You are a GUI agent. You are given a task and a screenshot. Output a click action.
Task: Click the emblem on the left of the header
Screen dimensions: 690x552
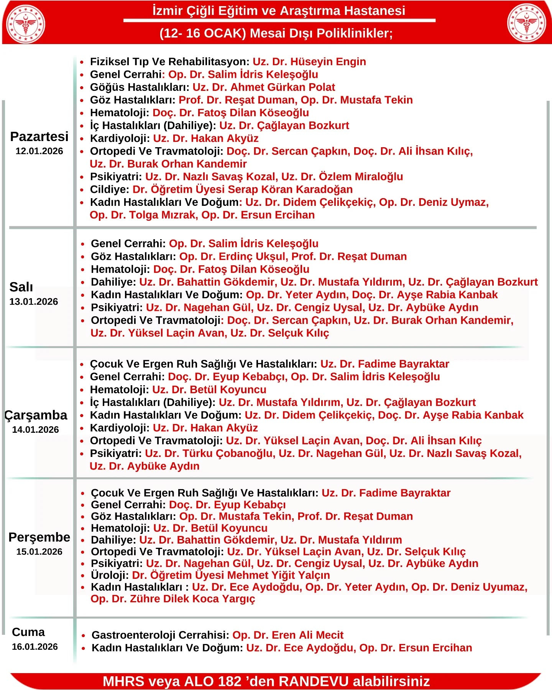tap(26, 24)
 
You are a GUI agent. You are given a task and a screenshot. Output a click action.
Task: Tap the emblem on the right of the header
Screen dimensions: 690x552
tap(526, 23)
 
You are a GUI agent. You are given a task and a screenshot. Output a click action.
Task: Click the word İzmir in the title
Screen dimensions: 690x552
tap(167, 11)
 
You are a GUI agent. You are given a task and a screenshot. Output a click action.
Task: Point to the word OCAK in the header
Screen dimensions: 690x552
tap(225, 33)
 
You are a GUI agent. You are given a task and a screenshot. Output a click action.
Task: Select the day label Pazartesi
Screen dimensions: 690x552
tap(39, 136)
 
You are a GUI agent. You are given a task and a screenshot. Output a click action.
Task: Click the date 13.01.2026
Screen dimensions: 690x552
tap(34, 302)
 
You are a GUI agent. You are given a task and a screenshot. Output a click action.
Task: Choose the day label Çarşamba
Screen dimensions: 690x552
tap(36, 415)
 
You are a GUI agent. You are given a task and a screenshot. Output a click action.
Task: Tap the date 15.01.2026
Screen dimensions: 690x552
tap(39, 552)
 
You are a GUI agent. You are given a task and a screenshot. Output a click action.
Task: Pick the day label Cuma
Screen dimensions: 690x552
tap(28, 632)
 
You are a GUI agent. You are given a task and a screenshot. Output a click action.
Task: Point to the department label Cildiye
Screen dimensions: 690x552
tap(109, 190)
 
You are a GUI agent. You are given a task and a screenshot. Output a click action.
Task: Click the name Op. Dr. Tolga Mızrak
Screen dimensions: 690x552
tap(143, 215)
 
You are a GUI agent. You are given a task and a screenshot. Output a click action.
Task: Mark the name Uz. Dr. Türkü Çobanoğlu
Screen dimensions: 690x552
tap(210, 453)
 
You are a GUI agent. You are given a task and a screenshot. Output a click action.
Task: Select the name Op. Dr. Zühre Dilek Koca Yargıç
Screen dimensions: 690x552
tap(172, 599)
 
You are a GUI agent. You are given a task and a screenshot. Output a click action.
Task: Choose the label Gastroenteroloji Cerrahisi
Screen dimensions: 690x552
tap(160, 635)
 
